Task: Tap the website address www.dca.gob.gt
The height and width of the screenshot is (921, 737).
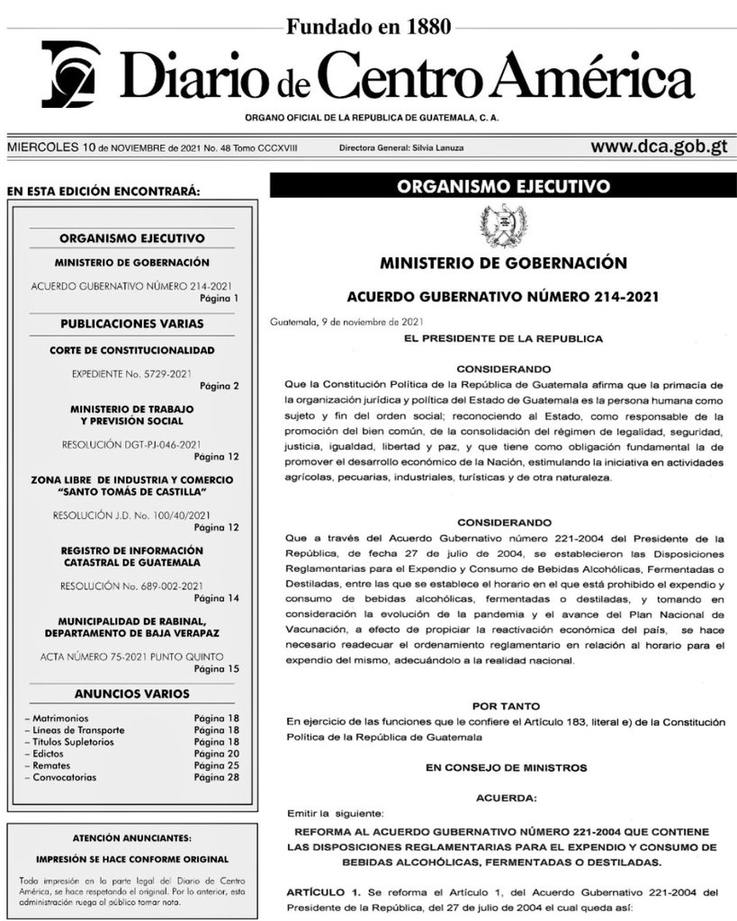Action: (659, 147)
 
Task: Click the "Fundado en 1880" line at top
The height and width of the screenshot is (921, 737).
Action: (368, 27)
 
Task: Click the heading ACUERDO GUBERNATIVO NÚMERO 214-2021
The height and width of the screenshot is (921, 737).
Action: (503, 297)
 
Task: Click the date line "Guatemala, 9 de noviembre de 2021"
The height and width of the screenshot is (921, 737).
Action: (347, 321)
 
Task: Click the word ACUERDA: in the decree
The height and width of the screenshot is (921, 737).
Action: (503, 798)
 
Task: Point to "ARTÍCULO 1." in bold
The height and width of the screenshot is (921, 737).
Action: (321, 891)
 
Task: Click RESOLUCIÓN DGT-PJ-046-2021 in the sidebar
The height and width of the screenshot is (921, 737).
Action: (131, 443)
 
